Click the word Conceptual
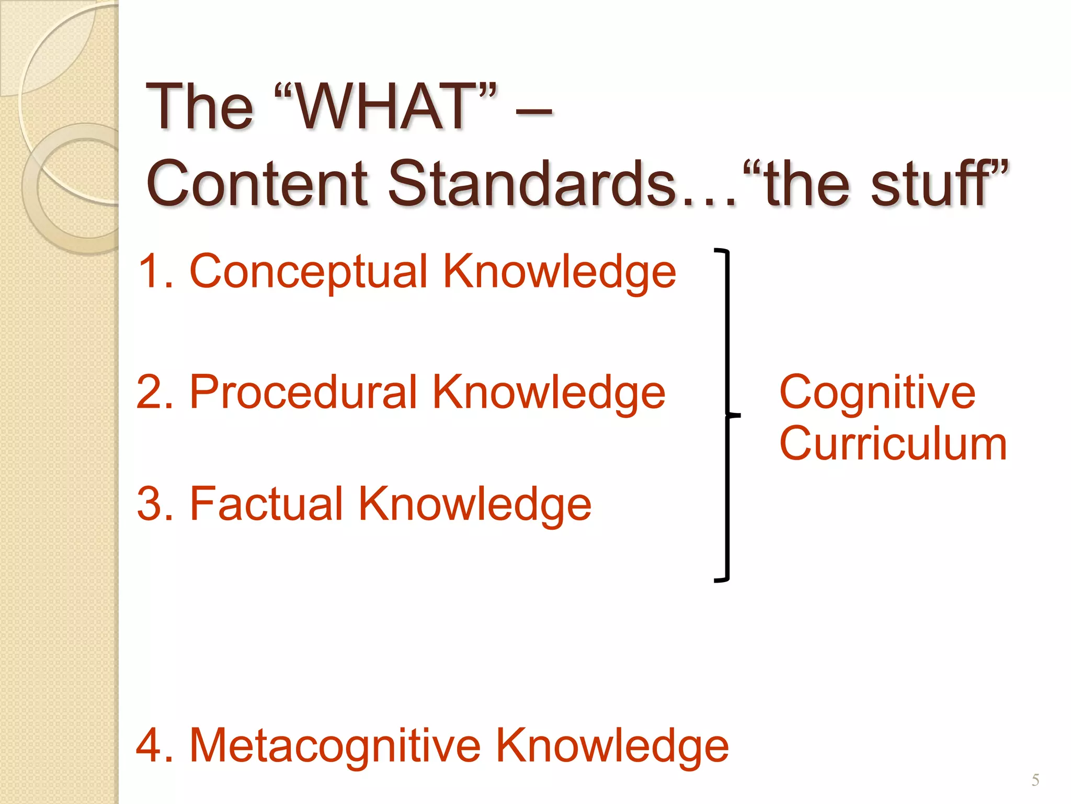309,272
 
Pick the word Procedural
303,393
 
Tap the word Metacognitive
335,745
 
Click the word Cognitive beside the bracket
877,394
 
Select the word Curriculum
893,444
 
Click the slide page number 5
1035,780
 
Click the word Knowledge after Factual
474,505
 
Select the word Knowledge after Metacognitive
611,746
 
